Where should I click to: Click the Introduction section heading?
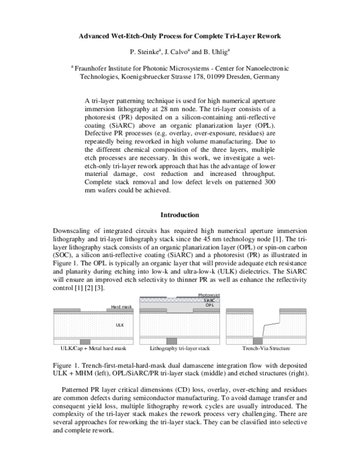180,214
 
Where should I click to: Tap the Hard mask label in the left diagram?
121,307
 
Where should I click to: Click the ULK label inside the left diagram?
119,324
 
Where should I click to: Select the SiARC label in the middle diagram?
209,300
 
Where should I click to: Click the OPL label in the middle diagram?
209,305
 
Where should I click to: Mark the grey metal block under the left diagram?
85,341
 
